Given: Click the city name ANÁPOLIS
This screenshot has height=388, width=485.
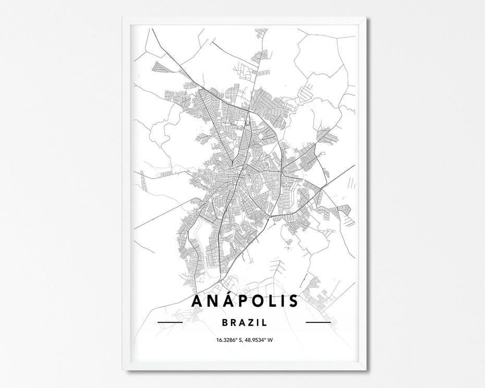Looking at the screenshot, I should point(245,301).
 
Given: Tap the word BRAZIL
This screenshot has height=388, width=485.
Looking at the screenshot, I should point(245,322).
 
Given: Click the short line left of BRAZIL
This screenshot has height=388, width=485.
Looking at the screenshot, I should point(170,323).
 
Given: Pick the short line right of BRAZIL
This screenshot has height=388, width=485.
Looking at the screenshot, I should point(318,323).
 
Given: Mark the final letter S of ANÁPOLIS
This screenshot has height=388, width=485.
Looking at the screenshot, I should point(294,301).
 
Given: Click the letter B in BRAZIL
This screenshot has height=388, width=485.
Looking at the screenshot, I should point(225,322).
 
